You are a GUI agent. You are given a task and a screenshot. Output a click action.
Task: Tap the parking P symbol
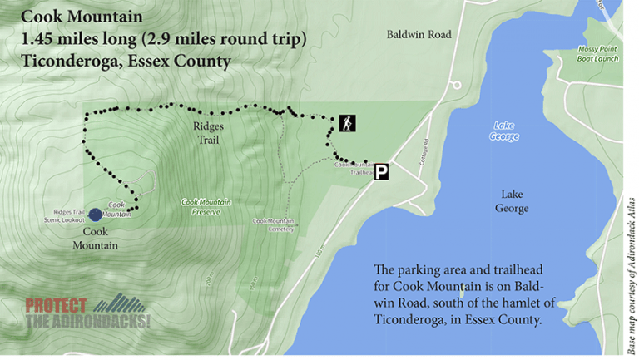point(381,172)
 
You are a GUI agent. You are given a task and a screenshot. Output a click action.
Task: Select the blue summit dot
point(96,215)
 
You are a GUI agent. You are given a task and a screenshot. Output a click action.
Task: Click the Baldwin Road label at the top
point(419,35)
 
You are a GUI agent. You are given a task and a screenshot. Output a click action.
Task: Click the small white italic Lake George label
point(503,131)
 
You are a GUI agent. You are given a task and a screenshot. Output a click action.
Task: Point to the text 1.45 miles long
point(72,39)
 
